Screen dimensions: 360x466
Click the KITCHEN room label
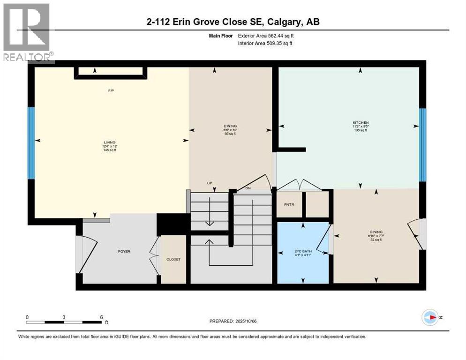click(360, 123)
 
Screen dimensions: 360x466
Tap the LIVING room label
click(110, 142)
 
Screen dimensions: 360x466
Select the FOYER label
click(124, 251)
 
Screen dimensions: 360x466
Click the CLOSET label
click(173, 259)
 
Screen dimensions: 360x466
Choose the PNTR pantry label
click(289, 204)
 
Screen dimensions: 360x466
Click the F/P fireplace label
click(111, 90)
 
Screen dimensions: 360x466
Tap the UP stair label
click(211, 183)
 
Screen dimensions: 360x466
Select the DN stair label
click(248, 188)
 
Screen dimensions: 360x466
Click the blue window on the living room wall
click(31, 143)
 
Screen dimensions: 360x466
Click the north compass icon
click(430, 317)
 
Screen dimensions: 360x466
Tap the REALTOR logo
click(27, 33)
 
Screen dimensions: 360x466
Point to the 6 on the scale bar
click(101, 317)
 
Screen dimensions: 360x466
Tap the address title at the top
click(233, 22)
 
